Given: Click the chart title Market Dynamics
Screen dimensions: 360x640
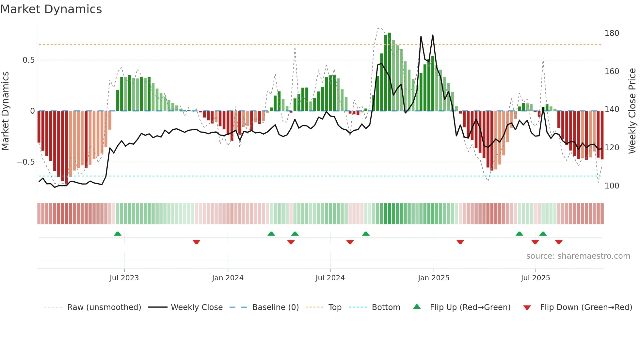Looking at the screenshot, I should [x=51, y=9].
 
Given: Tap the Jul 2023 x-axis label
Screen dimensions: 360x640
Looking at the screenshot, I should [x=124, y=278].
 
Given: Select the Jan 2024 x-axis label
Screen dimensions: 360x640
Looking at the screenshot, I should [x=228, y=278].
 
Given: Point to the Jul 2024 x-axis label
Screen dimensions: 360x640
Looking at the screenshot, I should [x=330, y=278].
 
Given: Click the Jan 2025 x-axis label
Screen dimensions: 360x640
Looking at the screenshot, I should [x=433, y=278].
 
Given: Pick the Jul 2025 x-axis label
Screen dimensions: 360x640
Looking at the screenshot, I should [x=535, y=278].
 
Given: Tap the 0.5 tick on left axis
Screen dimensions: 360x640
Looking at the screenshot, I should [x=28, y=60].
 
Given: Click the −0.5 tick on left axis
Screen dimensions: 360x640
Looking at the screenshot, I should [x=25, y=162].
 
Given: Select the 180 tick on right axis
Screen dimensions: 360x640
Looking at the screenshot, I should [x=612, y=33].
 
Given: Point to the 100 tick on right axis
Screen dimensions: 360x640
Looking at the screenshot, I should [x=612, y=186].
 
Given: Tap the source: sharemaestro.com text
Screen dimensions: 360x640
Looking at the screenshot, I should [x=578, y=256].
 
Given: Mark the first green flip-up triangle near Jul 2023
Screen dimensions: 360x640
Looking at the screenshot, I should [x=118, y=234].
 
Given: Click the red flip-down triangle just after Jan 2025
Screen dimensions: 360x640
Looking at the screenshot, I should [x=460, y=242].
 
